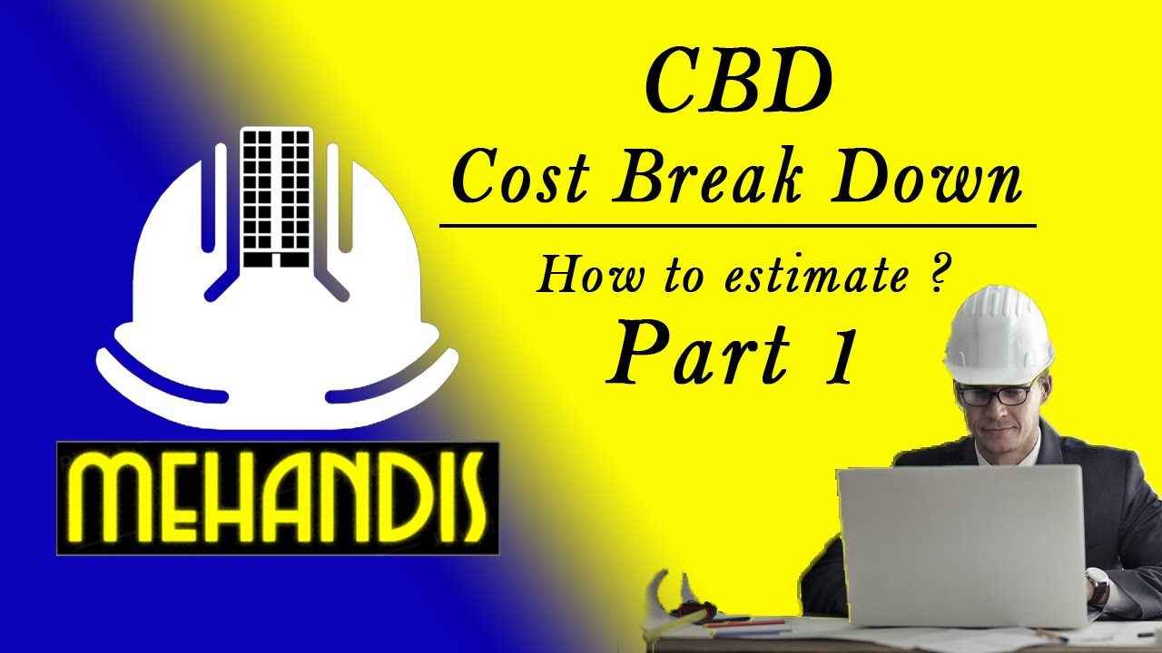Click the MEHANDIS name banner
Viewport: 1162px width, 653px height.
(x=277, y=498)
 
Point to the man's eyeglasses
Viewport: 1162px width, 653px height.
(x=995, y=395)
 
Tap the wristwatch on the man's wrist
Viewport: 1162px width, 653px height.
(x=1098, y=588)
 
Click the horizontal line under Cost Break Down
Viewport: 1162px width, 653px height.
(x=737, y=223)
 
